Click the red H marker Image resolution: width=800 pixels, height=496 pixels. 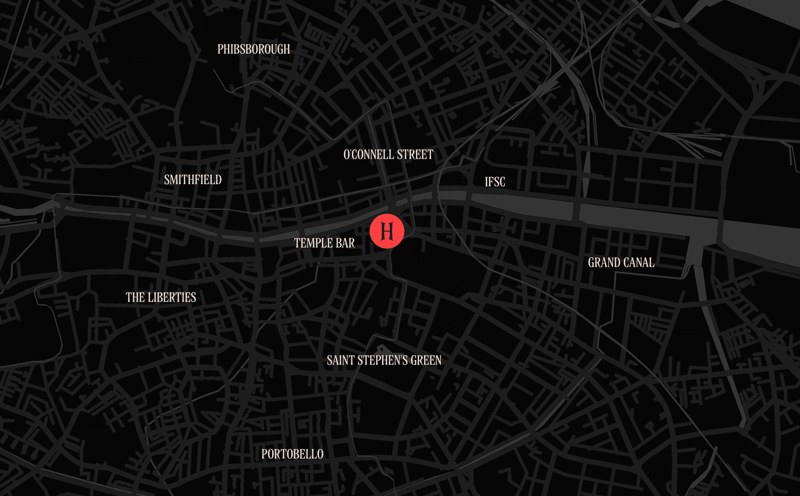tap(387, 231)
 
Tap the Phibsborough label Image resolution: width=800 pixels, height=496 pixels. tap(253, 49)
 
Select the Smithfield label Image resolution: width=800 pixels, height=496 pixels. tap(193, 180)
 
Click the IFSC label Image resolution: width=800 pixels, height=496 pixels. tap(495, 182)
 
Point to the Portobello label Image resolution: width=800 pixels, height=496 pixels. tap(292, 454)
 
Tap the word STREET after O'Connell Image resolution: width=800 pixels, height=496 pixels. tap(415, 155)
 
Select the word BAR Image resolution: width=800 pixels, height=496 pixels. tap(345, 243)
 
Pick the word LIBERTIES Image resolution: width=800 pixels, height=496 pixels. tap(172, 297)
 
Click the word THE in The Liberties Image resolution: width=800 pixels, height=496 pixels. tap(135, 297)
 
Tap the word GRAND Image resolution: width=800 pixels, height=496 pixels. tap(604, 263)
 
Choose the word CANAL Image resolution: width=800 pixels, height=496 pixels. tap(639, 263)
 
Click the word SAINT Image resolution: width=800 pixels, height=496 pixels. tap(340, 361)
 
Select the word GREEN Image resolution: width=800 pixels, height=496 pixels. tap(426, 361)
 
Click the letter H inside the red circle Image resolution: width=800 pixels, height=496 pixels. tap(387, 231)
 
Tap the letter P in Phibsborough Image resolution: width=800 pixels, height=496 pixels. tap(220, 49)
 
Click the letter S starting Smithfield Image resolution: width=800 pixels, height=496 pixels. tap(167, 180)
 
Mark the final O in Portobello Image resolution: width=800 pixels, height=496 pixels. tap(320, 454)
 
